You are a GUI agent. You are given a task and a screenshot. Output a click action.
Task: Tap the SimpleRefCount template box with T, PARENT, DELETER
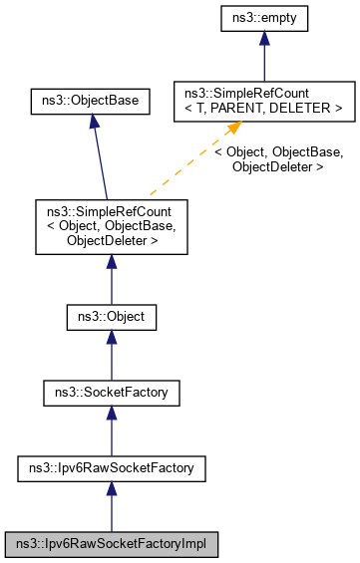263,101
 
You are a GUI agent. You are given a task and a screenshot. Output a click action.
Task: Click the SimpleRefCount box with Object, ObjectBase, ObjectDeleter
111,226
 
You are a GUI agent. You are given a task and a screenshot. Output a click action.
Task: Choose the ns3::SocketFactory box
111,393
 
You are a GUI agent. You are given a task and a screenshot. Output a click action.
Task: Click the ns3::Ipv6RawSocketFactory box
111,465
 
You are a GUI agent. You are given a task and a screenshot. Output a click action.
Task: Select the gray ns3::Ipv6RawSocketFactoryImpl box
111,544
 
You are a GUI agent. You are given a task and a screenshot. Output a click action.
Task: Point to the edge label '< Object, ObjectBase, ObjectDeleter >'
278,160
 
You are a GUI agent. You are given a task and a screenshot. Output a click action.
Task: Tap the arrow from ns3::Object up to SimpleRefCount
111,282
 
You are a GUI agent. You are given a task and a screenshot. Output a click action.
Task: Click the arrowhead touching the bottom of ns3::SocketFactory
111,413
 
